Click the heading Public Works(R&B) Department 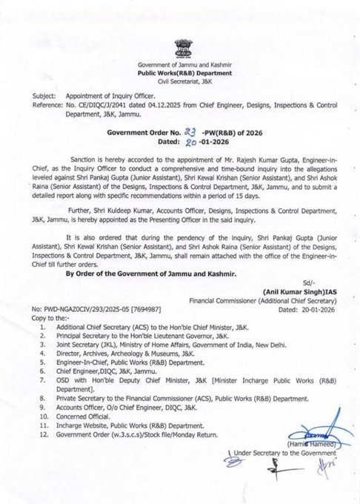point(180,75)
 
